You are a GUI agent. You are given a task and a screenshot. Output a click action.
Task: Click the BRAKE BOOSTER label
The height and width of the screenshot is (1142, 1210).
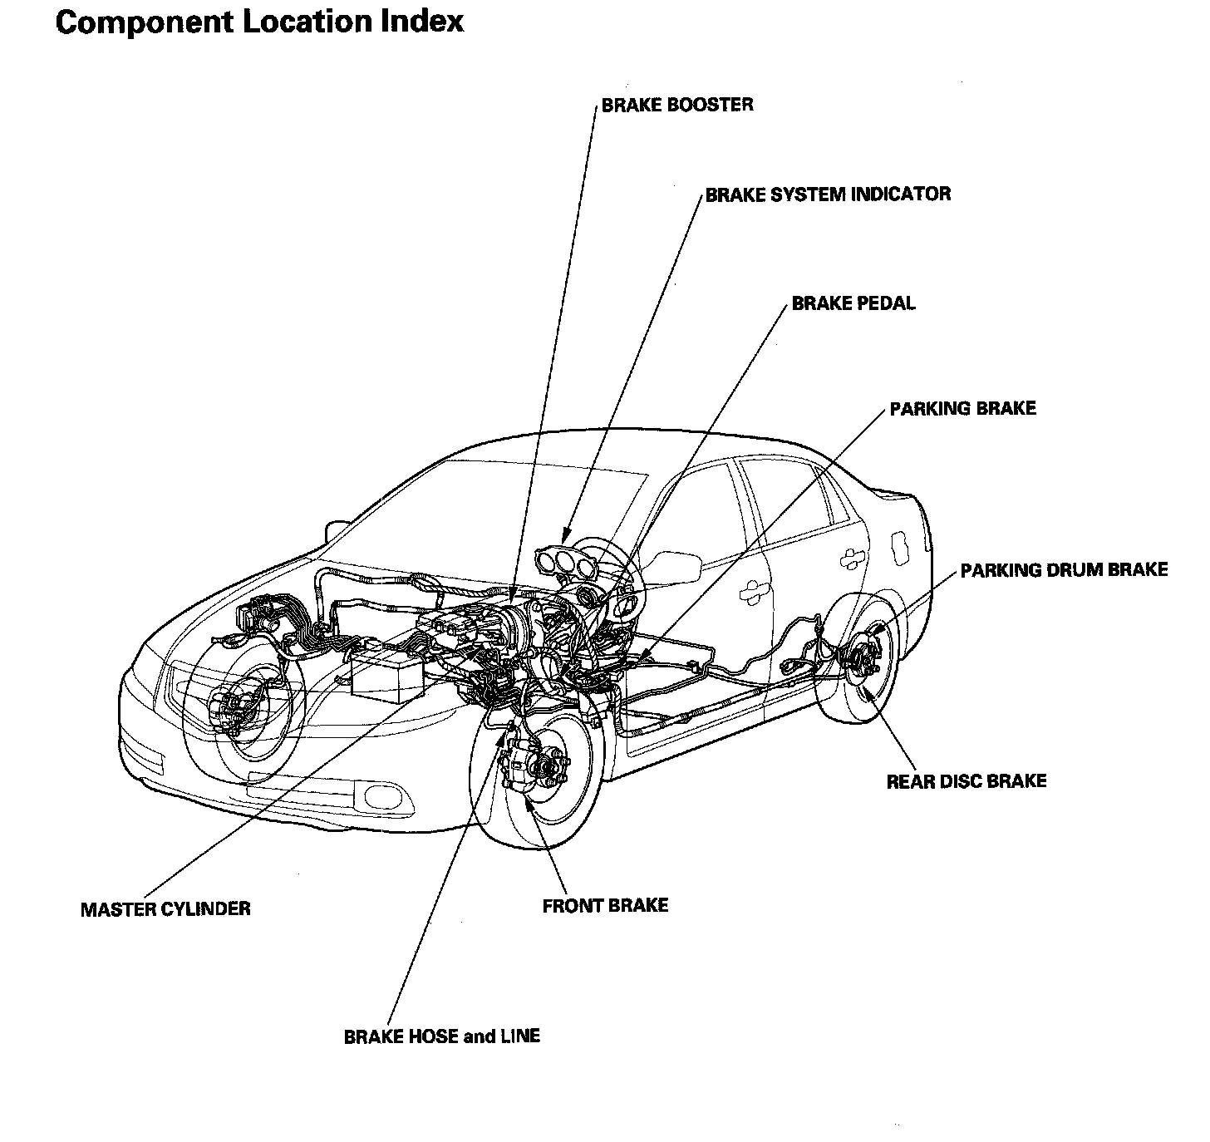tap(676, 106)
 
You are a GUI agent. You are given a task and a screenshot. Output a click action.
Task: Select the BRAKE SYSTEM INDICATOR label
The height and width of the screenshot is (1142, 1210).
tap(828, 194)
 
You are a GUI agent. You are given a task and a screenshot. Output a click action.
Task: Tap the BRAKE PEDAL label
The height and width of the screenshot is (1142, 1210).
tap(853, 303)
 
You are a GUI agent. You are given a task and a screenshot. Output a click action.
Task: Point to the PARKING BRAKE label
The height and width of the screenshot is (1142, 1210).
tap(962, 409)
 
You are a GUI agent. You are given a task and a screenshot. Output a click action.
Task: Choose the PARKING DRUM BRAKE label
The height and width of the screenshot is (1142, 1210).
tap(1064, 570)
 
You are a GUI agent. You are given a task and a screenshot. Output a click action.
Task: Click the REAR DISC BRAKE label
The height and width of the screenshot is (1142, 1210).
tap(966, 781)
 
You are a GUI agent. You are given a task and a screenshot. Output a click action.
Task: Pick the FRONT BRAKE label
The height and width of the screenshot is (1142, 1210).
tap(605, 905)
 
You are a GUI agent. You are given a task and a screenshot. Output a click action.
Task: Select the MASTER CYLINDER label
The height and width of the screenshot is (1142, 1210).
tap(165, 908)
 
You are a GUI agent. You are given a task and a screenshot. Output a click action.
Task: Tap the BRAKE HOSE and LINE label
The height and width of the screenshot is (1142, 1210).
tap(441, 1036)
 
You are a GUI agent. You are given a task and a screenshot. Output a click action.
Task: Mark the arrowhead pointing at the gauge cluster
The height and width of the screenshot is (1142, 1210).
tap(565, 536)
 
